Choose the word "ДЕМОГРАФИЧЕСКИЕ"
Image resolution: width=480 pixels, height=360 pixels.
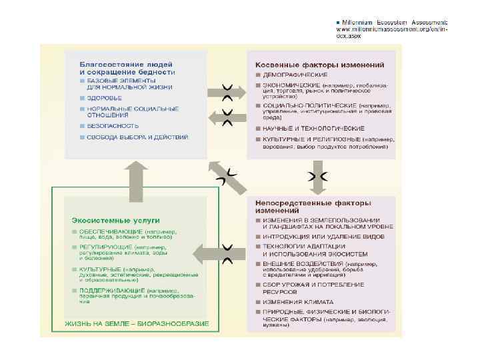[290, 75]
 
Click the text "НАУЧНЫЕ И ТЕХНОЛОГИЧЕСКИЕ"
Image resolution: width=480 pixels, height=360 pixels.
[313, 128]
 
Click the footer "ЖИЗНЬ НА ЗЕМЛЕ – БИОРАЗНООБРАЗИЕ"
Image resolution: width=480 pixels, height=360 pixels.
[136, 324]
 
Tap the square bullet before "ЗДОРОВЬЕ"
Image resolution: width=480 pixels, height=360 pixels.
[81, 98]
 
